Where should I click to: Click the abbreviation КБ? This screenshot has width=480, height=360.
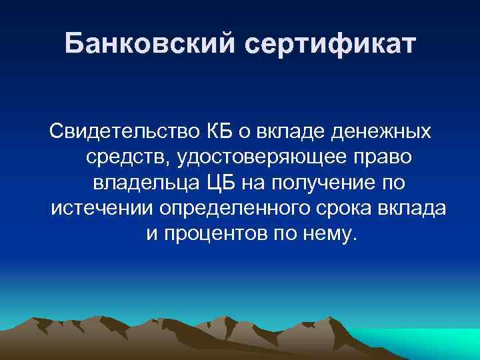pos(213,132)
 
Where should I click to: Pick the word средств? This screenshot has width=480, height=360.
pos(125,157)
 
